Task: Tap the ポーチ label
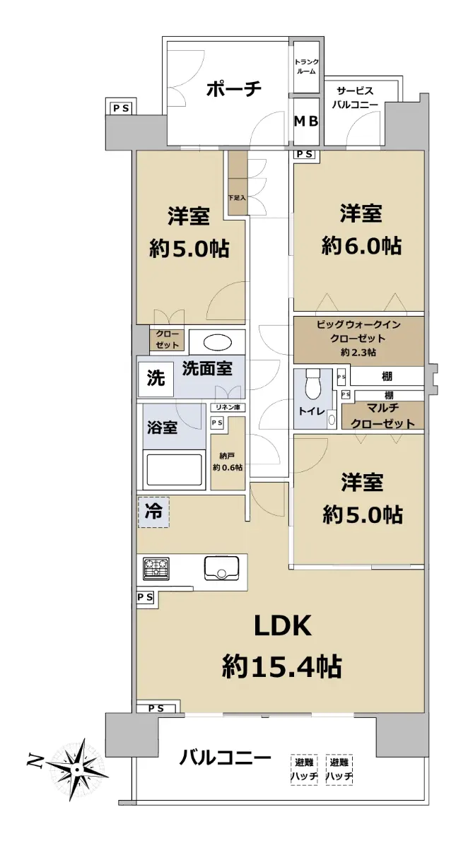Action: click(x=234, y=89)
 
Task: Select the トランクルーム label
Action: click(x=306, y=66)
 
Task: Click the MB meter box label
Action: click(x=306, y=121)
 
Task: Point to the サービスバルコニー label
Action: click(x=355, y=98)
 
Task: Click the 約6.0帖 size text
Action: click(x=361, y=246)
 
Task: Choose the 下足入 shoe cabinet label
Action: click(x=237, y=198)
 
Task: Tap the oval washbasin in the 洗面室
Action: click(x=218, y=343)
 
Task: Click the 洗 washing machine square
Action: click(x=156, y=379)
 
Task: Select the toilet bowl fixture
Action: click(x=313, y=384)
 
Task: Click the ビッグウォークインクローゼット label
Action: click(x=358, y=338)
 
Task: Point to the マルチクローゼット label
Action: click(x=382, y=416)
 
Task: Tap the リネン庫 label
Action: click(x=228, y=407)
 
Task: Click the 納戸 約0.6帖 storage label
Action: click(x=228, y=462)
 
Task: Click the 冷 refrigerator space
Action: click(x=154, y=512)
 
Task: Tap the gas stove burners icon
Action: click(x=156, y=569)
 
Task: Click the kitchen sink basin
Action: click(x=221, y=568)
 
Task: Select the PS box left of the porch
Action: click(x=121, y=109)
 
